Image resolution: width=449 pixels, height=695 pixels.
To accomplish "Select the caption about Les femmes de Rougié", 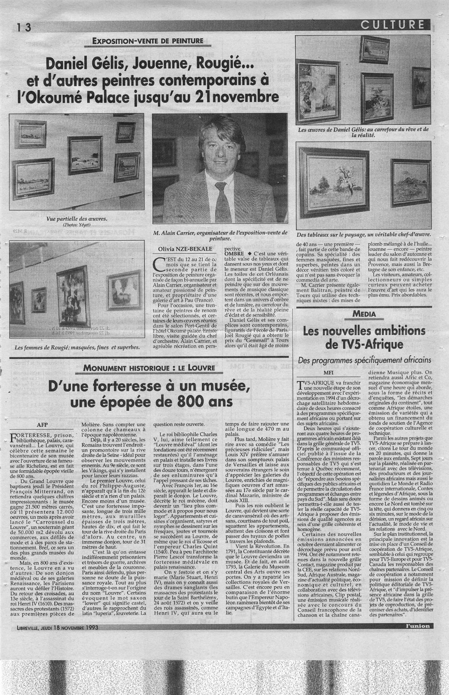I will tap(77, 347).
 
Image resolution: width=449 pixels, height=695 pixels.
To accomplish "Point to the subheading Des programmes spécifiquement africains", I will tap(364, 360).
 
